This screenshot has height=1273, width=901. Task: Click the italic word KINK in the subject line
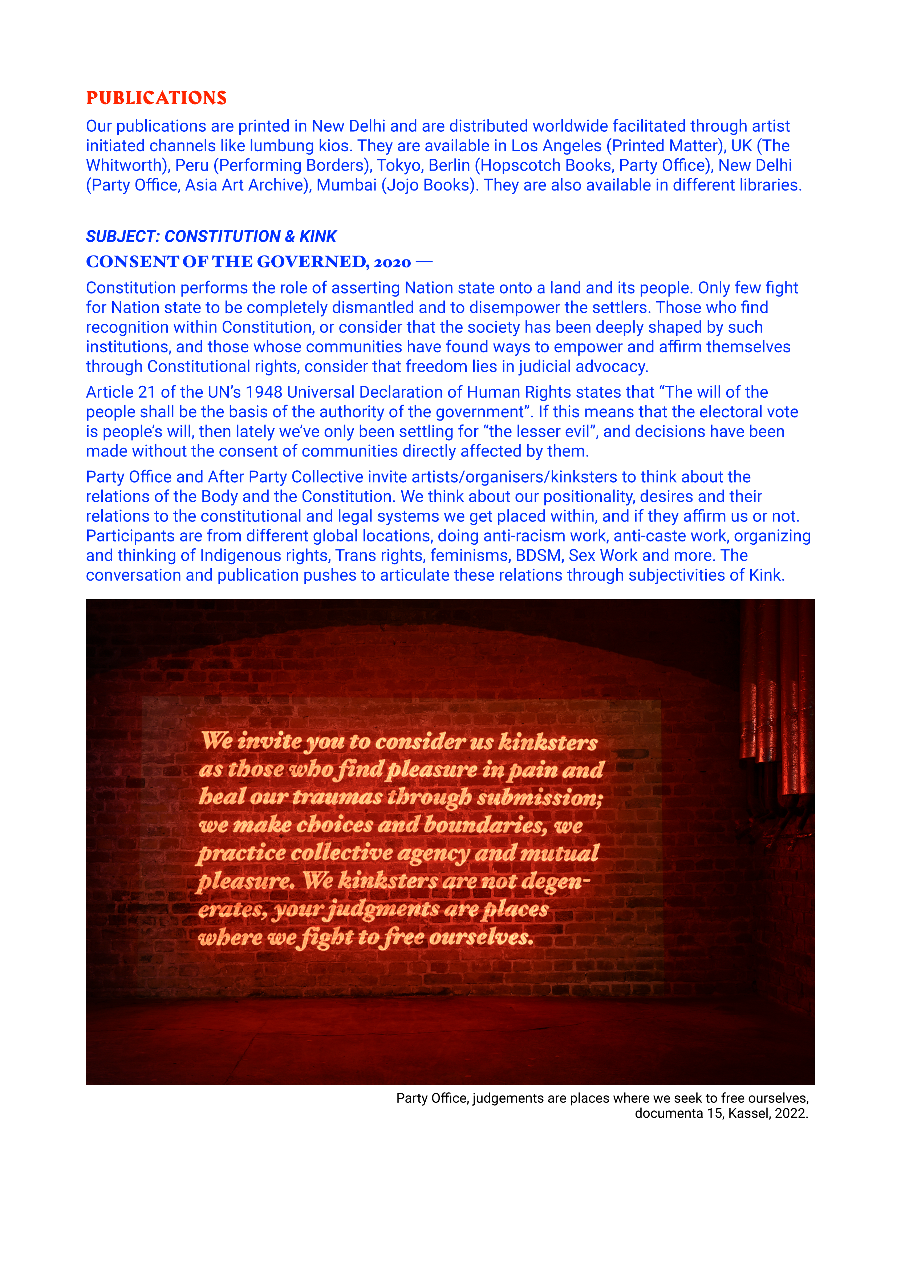tap(318, 237)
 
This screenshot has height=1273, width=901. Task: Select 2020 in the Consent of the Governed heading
tap(392, 262)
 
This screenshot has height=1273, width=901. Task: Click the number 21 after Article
tap(146, 393)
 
